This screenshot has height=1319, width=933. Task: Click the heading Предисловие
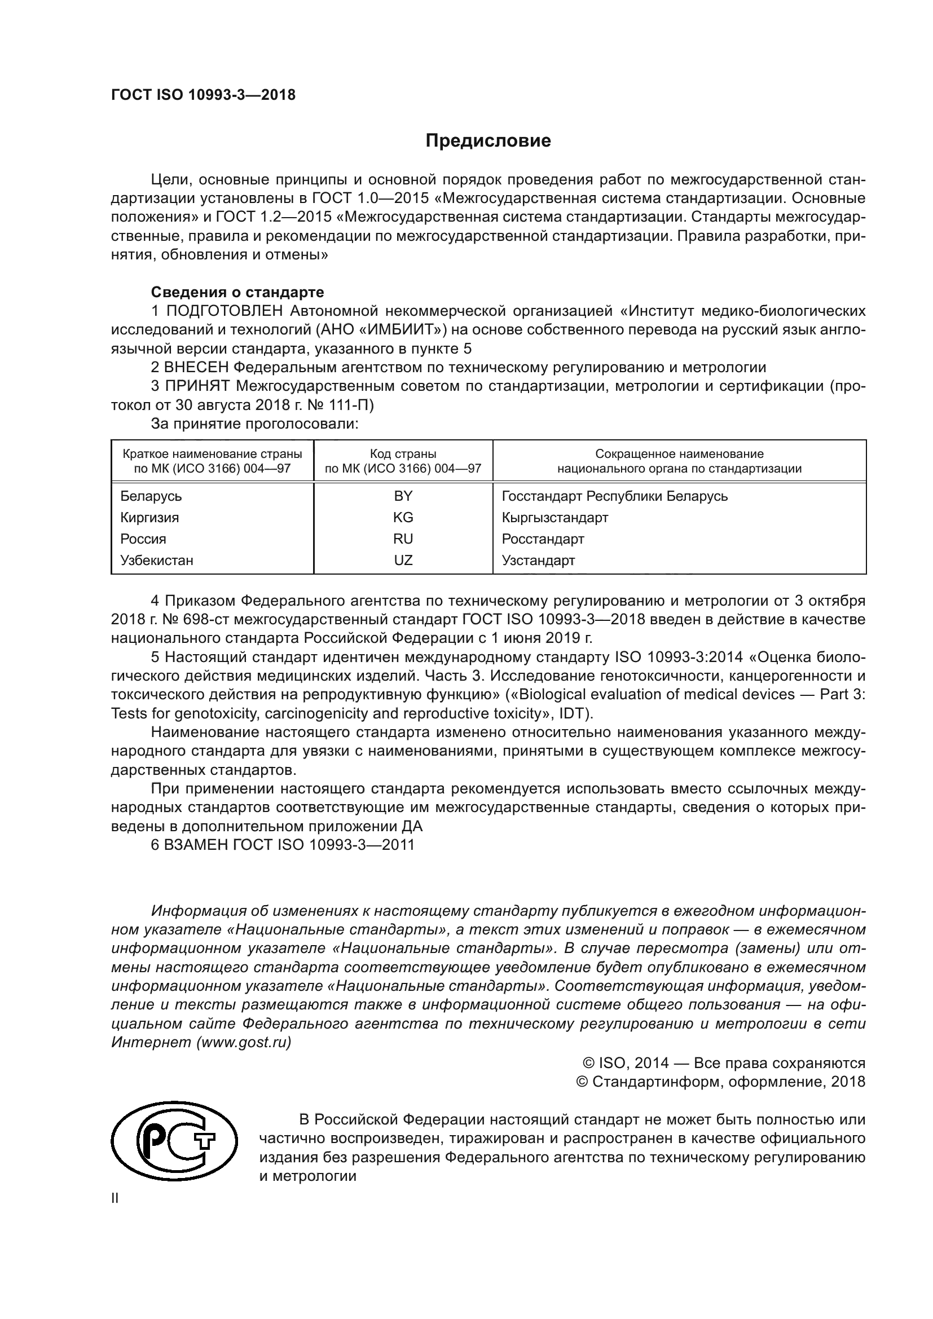488,141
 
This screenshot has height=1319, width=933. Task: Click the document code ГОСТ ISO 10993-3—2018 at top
203,95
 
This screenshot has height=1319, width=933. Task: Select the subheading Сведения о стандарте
237,293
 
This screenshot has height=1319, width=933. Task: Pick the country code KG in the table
403,517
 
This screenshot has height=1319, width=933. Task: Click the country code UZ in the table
403,560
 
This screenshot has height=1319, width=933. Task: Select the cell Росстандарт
542,539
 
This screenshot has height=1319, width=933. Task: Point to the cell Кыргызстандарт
554,517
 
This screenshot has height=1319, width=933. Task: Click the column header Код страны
403,454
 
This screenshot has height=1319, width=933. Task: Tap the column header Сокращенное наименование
679,454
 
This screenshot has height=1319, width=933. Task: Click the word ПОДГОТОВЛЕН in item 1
224,311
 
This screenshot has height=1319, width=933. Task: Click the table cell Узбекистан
157,560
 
